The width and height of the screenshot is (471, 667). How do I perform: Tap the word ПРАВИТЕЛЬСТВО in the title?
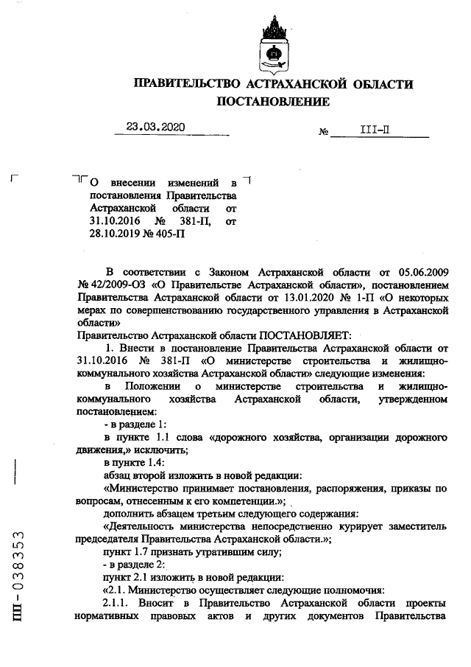[x=186, y=84]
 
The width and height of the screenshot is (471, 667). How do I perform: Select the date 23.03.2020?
[x=155, y=127]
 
